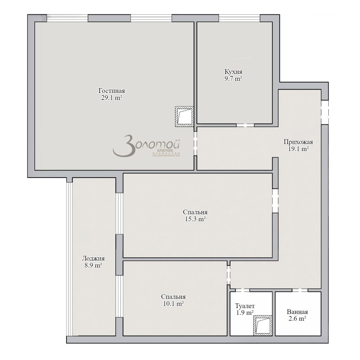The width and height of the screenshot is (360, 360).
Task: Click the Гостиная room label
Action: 111,91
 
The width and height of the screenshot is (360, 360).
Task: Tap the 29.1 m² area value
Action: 111,98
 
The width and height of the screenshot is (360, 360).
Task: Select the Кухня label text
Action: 233,72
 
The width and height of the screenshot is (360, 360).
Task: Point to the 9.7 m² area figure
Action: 233,79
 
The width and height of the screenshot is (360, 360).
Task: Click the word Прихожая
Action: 298,142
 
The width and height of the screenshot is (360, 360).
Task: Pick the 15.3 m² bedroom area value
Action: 195,219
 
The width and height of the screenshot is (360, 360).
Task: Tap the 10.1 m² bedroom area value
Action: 173,304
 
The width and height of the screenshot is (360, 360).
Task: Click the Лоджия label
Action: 93,258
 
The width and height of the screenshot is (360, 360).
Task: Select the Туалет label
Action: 245,306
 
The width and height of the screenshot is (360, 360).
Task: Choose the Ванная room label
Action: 297,312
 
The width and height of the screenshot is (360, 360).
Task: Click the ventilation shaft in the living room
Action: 185,117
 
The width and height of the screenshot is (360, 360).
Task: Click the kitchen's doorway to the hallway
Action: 245,125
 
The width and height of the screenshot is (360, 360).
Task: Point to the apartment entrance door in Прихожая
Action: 324,112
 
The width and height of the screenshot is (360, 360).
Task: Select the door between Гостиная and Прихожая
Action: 195,143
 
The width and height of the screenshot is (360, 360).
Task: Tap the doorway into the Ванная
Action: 300,290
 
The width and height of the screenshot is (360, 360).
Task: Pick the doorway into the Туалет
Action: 242,290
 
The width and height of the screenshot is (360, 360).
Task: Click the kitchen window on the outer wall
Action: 239,18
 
